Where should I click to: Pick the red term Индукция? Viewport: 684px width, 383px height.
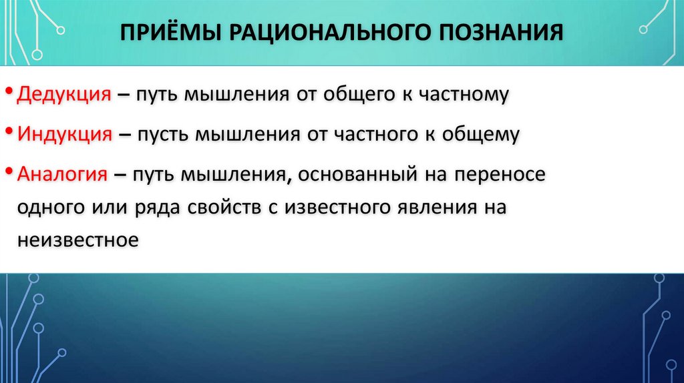coord(64,134)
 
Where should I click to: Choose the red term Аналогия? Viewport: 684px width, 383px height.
coord(63,174)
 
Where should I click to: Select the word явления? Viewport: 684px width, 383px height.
coord(442,207)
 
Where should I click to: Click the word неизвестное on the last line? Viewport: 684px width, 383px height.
coord(77,240)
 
